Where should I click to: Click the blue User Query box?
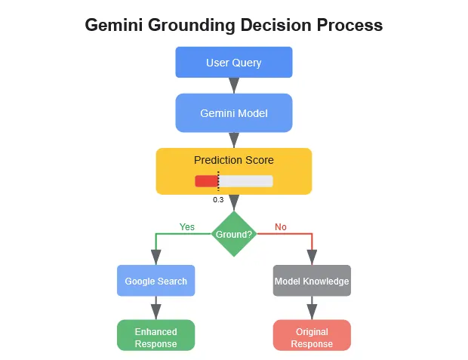click(x=233, y=62)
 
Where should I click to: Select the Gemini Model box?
click(x=233, y=113)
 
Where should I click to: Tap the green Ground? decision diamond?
click(x=234, y=234)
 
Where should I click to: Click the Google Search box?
click(x=155, y=281)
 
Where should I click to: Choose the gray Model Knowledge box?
click(x=311, y=281)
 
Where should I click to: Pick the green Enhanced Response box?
click(x=155, y=337)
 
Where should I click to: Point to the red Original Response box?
click(x=311, y=337)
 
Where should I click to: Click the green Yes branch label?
click(x=186, y=226)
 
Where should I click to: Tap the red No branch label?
click(x=281, y=226)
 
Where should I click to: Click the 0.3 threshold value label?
click(x=218, y=199)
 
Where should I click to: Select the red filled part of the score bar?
click(x=206, y=181)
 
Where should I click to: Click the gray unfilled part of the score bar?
click(x=246, y=181)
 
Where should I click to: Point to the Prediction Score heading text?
click(x=233, y=160)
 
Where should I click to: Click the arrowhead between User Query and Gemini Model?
click(x=234, y=85)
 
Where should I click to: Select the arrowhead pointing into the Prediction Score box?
click(x=234, y=140)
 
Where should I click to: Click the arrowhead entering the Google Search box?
click(x=155, y=257)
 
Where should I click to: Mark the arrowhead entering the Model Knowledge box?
click(x=311, y=257)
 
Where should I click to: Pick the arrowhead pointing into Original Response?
click(x=311, y=312)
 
